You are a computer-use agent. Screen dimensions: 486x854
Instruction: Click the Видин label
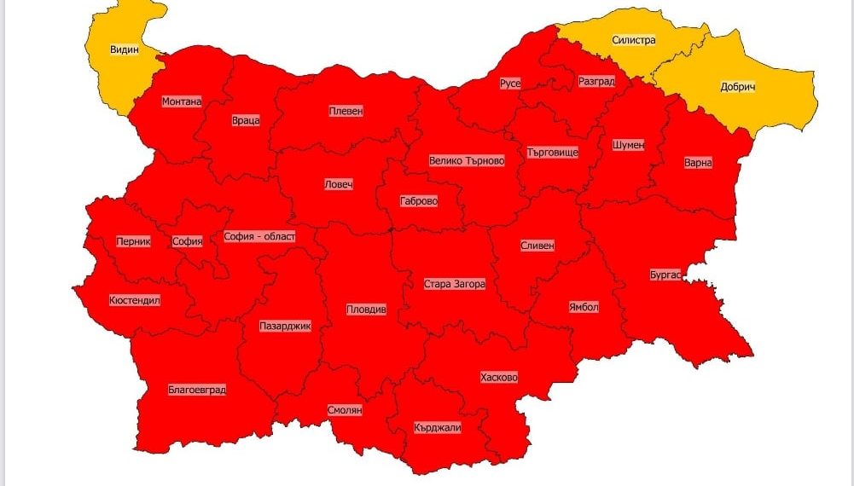click(x=124, y=49)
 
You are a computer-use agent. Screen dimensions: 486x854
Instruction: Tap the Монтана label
click(x=182, y=101)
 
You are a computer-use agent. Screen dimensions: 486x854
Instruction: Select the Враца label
click(x=245, y=120)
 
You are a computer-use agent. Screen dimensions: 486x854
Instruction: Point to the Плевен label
click(x=346, y=111)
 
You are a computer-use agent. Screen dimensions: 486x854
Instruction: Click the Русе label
click(x=510, y=83)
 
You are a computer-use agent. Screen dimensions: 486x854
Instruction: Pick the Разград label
click(x=595, y=81)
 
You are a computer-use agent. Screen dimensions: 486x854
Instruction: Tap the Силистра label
click(x=633, y=40)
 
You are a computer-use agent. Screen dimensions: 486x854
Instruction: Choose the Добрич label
click(x=738, y=87)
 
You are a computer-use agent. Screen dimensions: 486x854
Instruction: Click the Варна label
click(x=698, y=162)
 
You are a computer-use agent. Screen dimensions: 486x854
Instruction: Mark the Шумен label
click(x=628, y=145)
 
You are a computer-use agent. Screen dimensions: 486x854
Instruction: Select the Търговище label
click(x=553, y=152)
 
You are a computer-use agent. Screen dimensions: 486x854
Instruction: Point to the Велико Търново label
click(x=467, y=160)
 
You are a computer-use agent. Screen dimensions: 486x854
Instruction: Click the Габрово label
click(x=419, y=202)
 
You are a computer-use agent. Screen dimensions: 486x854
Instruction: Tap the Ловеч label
click(x=338, y=184)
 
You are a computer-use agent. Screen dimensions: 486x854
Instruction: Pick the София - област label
click(x=259, y=236)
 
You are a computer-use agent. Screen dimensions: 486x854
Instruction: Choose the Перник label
click(x=133, y=241)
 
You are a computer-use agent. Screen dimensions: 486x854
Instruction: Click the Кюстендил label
click(x=135, y=300)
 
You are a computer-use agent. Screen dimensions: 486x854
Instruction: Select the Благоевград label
click(x=197, y=390)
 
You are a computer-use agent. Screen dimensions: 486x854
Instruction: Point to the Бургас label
click(x=665, y=275)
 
